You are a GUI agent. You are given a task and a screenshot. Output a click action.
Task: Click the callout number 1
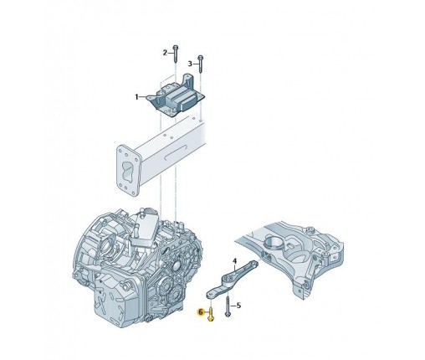(x=136, y=97)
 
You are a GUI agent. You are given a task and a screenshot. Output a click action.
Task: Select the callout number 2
(x=165, y=53)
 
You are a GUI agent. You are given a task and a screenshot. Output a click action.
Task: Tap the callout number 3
(x=190, y=64)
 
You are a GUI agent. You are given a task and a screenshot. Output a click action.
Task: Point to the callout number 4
(x=234, y=261)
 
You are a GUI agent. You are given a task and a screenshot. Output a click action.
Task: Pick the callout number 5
(x=238, y=306)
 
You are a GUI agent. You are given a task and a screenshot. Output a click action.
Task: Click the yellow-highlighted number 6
(x=201, y=312)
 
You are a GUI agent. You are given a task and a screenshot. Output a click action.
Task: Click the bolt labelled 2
(x=176, y=54)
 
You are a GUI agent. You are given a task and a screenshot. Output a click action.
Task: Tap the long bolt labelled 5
(x=228, y=306)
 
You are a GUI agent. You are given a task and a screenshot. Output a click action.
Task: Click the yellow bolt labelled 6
(x=211, y=314)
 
